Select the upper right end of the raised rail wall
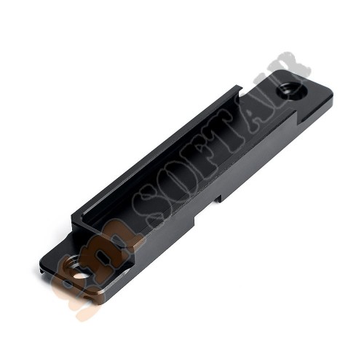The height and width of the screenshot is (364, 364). click(241, 88)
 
